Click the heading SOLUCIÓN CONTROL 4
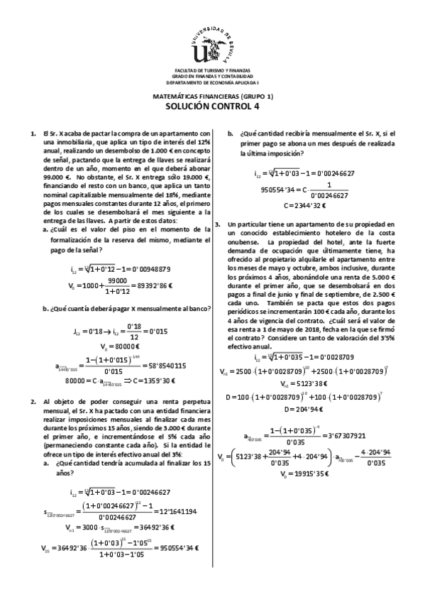pyautogui.click(x=213, y=107)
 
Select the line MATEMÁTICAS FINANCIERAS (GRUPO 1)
pyautogui.click(x=213, y=96)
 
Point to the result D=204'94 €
pyautogui.click(x=304, y=410)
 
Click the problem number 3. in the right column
pyautogui.click(x=219, y=224)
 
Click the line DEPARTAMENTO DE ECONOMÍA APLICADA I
pyautogui.click(x=213, y=82)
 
